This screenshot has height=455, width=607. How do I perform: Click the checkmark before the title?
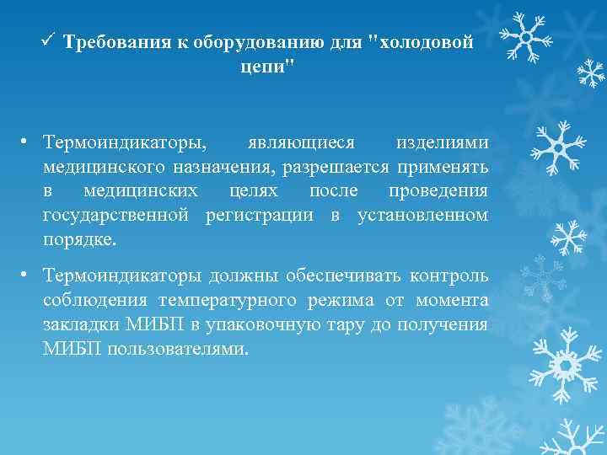coord(48,40)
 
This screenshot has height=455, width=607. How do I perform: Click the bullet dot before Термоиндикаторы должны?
coord(28,276)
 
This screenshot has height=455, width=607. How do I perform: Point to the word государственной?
coord(119,215)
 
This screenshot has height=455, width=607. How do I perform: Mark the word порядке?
coord(81,240)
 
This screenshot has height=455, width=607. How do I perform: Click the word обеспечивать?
coord(337,276)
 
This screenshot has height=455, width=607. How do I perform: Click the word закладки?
coord(77,325)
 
